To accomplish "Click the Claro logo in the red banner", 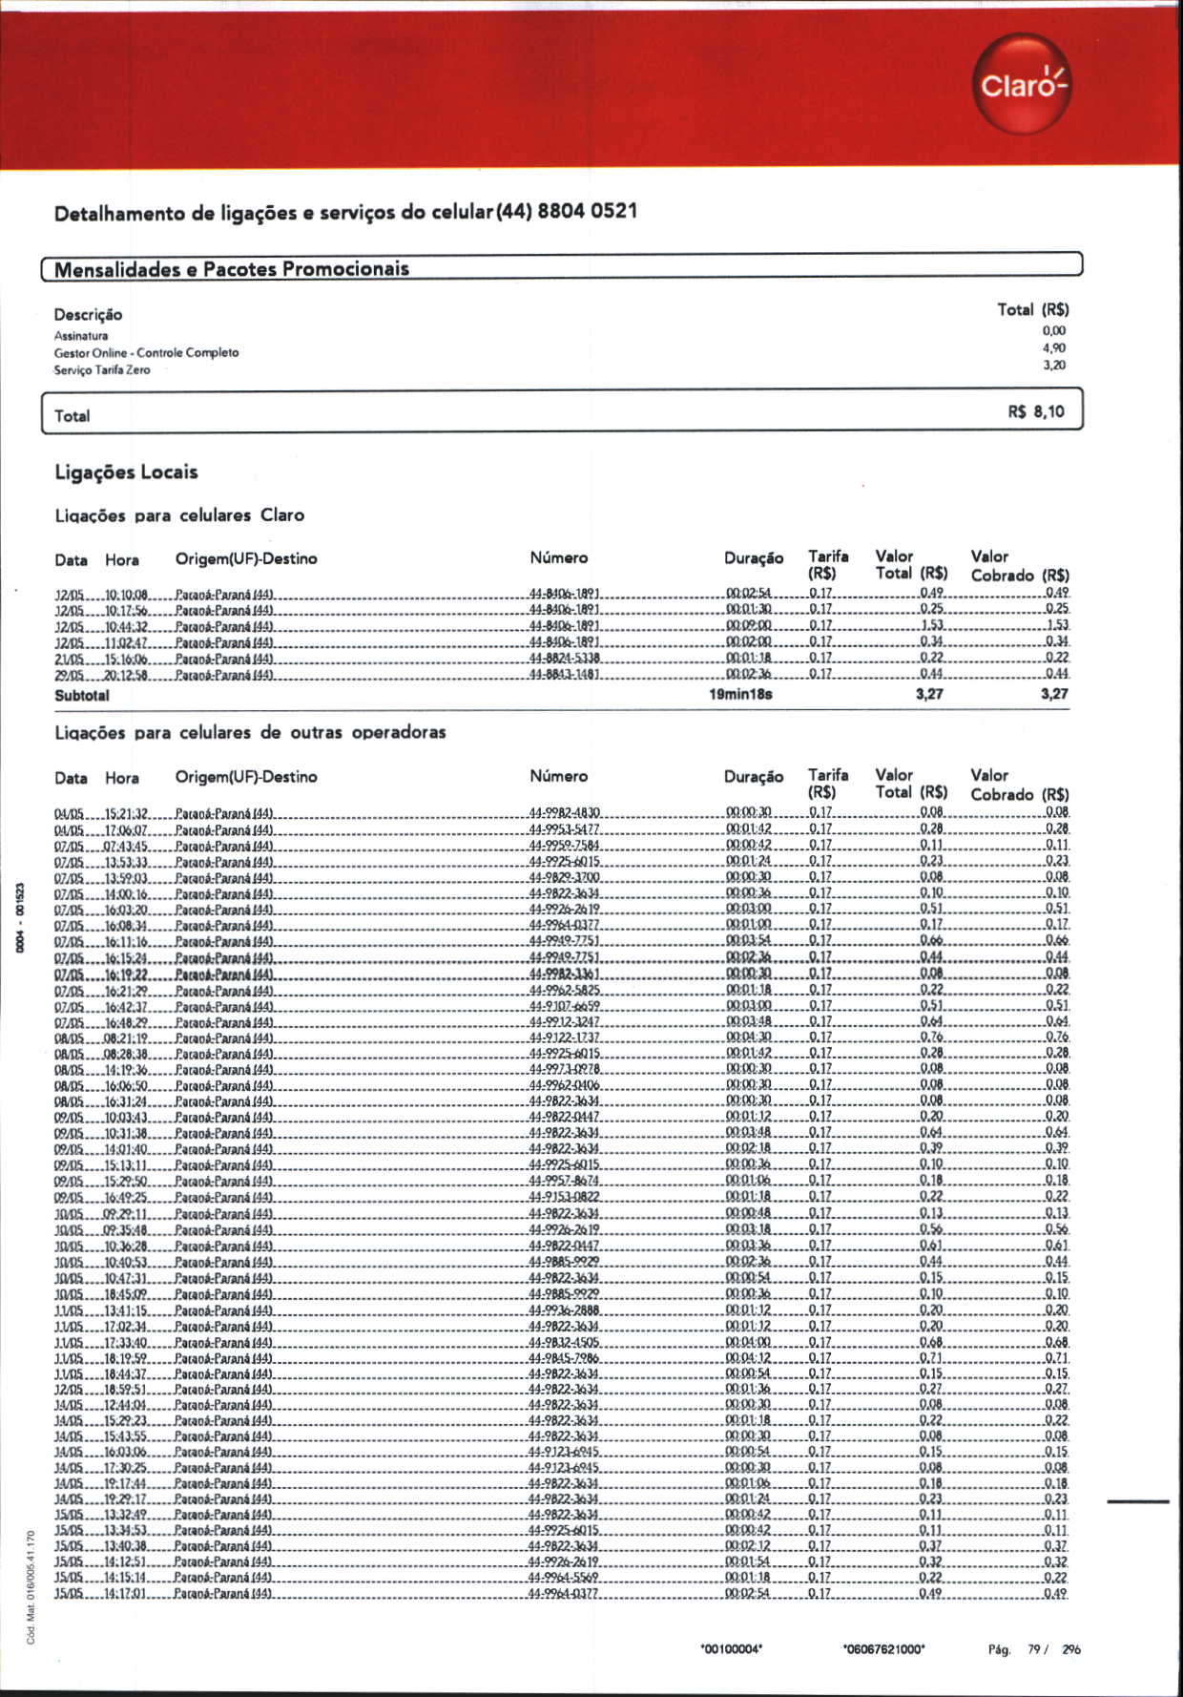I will click(x=1022, y=84).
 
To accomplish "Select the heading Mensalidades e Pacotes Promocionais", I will click(x=231, y=269).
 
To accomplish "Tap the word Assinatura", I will click(x=81, y=336).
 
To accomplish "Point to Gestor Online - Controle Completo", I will click(x=146, y=353).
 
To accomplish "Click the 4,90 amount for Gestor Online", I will click(x=1053, y=348).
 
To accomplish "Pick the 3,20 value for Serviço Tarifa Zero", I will click(x=1053, y=366).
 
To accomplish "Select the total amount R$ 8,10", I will click(x=1035, y=412).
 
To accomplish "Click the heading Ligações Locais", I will click(x=126, y=472).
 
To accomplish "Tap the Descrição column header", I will click(x=88, y=315).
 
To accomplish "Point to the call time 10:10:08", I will click(x=126, y=594).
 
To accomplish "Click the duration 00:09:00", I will click(x=749, y=625).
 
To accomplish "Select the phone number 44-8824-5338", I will click(x=565, y=658).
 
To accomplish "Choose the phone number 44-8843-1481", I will click(x=565, y=674).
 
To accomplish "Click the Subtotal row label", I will click(x=82, y=696).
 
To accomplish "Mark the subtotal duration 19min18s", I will click(x=740, y=695).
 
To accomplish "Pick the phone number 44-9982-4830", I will click(x=565, y=813).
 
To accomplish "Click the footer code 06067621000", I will click(x=884, y=1648).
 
